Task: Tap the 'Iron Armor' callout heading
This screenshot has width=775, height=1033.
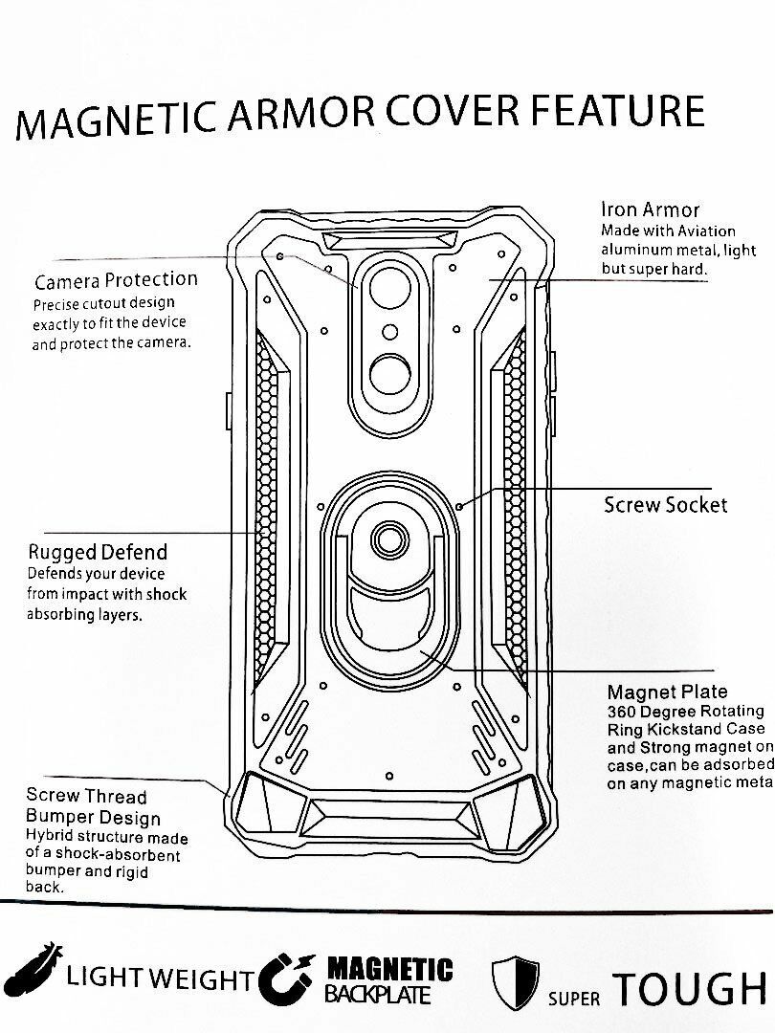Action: [x=650, y=209]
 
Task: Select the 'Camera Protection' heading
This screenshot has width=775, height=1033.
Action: [x=116, y=280]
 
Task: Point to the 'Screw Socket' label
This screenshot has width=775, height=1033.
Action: [x=665, y=505]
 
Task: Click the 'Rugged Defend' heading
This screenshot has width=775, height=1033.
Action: [x=97, y=552]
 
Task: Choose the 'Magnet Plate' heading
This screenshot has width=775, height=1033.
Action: [x=667, y=692]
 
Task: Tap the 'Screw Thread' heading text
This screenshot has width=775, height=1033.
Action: [x=86, y=796]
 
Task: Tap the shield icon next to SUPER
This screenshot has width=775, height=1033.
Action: [x=515, y=981]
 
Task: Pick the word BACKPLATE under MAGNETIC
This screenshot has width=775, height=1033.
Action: [x=378, y=995]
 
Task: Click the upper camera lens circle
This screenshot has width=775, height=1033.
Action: [x=389, y=287]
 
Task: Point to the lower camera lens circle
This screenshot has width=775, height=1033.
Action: [x=389, y=374]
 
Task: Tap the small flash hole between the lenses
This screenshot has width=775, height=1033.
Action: [x=389, y=332]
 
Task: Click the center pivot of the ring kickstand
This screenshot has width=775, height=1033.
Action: [x=387, y=541]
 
